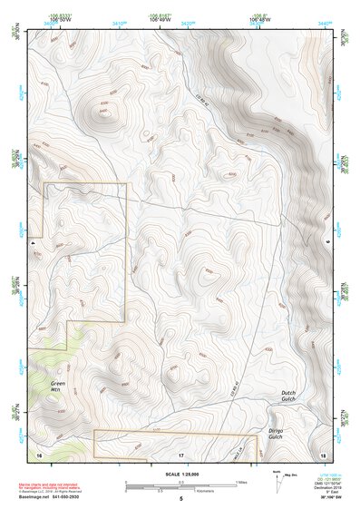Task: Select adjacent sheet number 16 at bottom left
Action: tap(39, 453)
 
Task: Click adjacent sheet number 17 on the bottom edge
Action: tap(180, 453)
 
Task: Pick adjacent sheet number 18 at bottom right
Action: tap(323, 453)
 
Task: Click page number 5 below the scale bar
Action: tap(180, 499)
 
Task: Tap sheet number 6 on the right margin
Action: tap(326, 244)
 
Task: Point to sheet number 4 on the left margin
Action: tap(33, 244)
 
